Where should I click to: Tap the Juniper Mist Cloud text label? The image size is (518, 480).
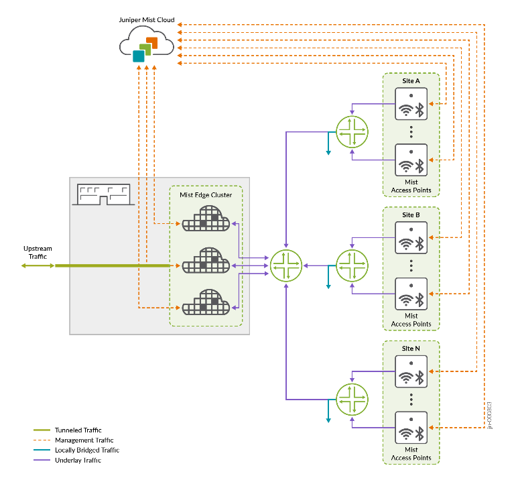tap(146, 20)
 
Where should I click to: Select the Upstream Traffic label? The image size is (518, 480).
tap(37, 252)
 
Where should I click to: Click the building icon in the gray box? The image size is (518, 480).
tap(103, 194)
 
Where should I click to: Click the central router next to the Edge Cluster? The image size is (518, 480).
tap(286, 265)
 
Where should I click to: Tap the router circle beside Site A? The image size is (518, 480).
tap(352, 131)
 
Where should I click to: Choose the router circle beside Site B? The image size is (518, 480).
tap(352, 265)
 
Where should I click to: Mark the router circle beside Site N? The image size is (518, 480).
tap(352, 400)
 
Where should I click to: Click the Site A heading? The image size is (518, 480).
tap(411, 81)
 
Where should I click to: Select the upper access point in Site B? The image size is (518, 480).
tap(411, 238)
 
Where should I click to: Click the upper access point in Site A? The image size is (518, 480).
tap(411, 104)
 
